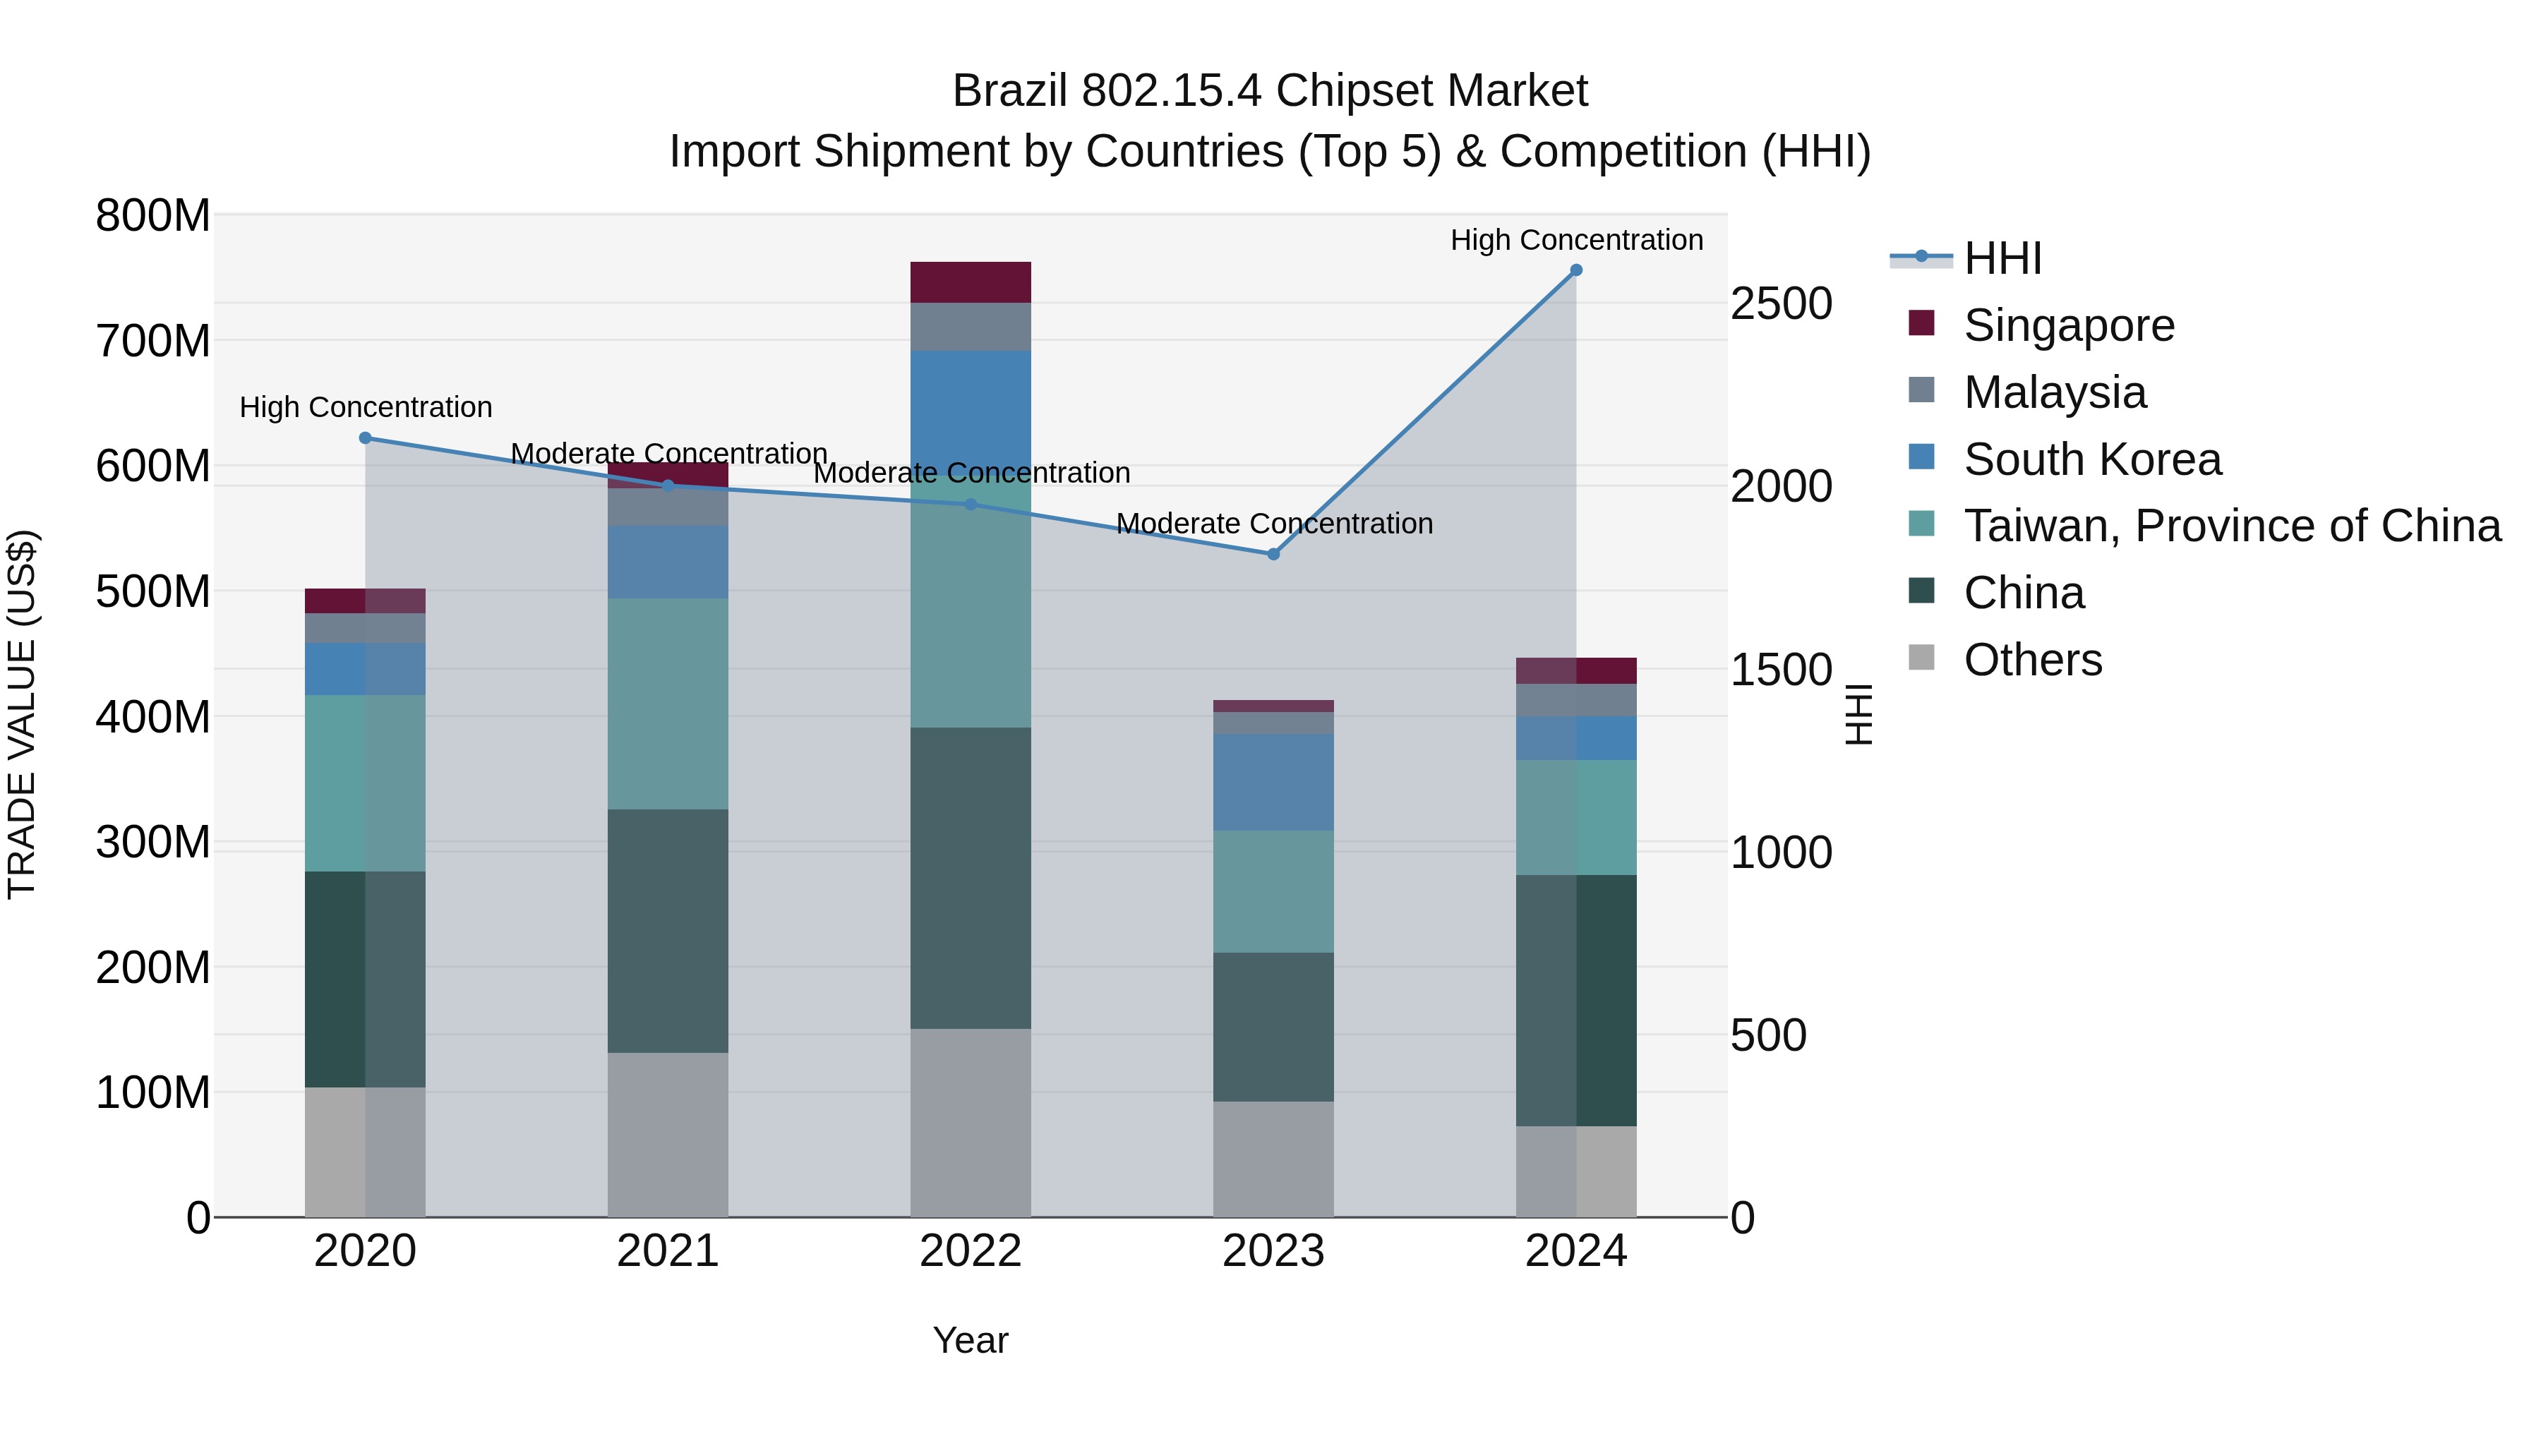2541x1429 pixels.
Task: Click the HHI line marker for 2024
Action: pos(1575,270)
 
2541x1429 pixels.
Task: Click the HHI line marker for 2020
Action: pos(365,438)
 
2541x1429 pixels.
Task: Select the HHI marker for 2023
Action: pos(1273,554)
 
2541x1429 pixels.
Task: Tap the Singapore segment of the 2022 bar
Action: pos(970,282)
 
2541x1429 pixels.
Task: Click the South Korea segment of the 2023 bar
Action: pos(1273,781)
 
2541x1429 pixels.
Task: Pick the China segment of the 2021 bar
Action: pos(667,930)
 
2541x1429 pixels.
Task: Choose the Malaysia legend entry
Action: pos(2054,392)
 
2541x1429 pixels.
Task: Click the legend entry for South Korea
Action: pos(2091,459)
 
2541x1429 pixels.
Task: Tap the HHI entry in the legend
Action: pos(2002,258)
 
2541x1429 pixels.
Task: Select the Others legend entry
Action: pos(2032,660)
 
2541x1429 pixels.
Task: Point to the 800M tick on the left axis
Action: pos(153,216)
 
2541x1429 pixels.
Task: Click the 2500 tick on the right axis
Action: pos(1781,303)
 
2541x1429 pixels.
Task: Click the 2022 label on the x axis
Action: pos(970,1251)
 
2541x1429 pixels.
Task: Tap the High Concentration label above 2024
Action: pos(1575,240)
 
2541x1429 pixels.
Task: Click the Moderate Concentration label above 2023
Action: pos(1273,524)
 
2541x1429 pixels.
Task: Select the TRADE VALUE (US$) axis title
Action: pos(22,714)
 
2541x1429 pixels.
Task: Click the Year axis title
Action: pos(970,1340)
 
